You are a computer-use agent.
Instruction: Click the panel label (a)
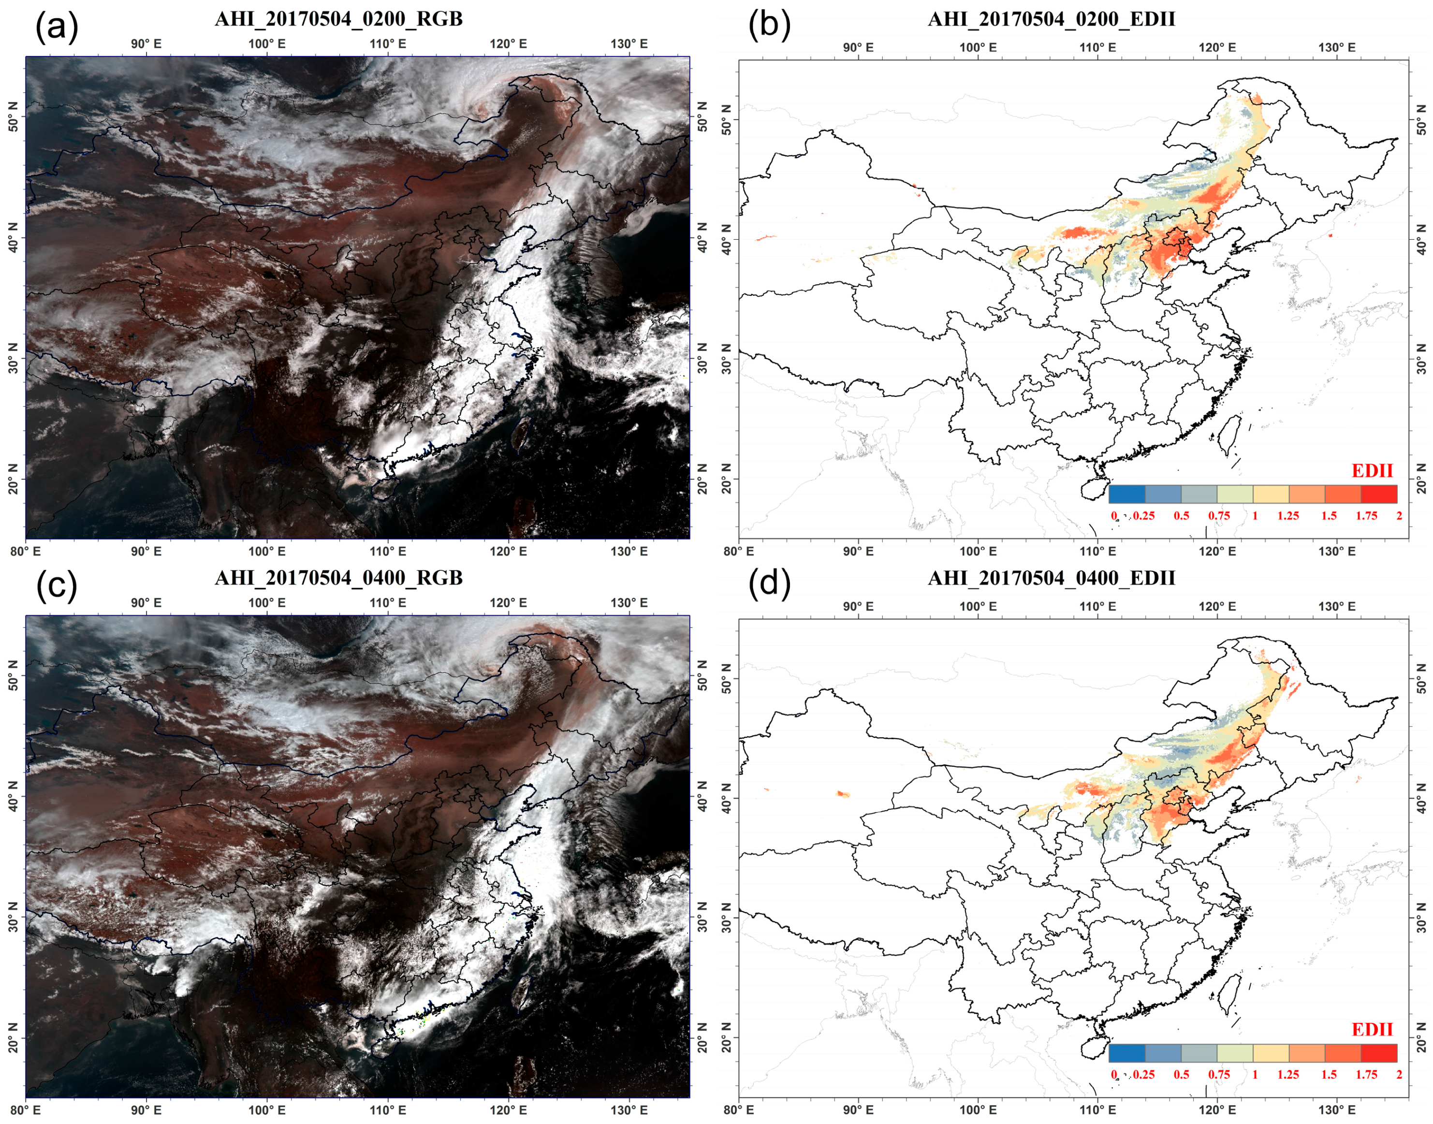pos(57,28)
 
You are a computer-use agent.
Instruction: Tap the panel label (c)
pos(57,585)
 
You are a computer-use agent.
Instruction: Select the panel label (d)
pos(770,584)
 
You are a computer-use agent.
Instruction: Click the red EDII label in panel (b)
pos(1372,470)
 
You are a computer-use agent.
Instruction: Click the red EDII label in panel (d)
pos(1372,1029)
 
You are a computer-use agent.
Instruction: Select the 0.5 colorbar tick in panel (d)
pos(1181,1075)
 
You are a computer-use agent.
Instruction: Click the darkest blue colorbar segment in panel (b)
pos(1126,494)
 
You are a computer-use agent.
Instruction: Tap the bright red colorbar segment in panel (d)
pos(1378,1053)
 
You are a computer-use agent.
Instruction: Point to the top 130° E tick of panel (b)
pos(1337,47)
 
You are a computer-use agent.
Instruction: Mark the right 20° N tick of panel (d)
pos(1422,1038)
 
